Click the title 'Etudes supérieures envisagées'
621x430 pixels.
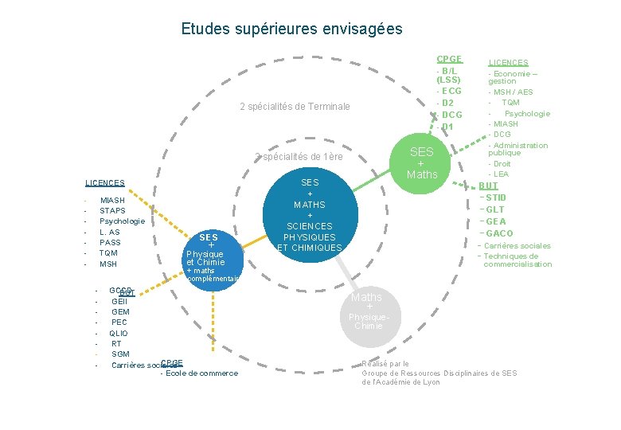tap(291, 29)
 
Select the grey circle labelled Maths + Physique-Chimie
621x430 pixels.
tap(368, 311)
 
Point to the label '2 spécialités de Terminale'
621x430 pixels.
tap(295, 107)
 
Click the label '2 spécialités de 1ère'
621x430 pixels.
tap(299, 157)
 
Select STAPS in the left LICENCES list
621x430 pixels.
tap(112, 211)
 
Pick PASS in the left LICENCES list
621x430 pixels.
tap(110, 242)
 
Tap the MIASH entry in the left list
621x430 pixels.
tap(112, 201)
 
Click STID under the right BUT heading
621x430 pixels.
tap(496, 197)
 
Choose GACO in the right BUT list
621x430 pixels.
tap(499, 233)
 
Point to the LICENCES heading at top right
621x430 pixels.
tap(508, 62)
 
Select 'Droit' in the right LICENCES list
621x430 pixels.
tap(502, 164)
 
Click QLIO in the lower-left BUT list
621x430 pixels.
tap(119, 333)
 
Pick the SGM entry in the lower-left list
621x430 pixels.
tap(120, 354)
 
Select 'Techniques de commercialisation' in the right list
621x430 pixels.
tap(517, 260)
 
